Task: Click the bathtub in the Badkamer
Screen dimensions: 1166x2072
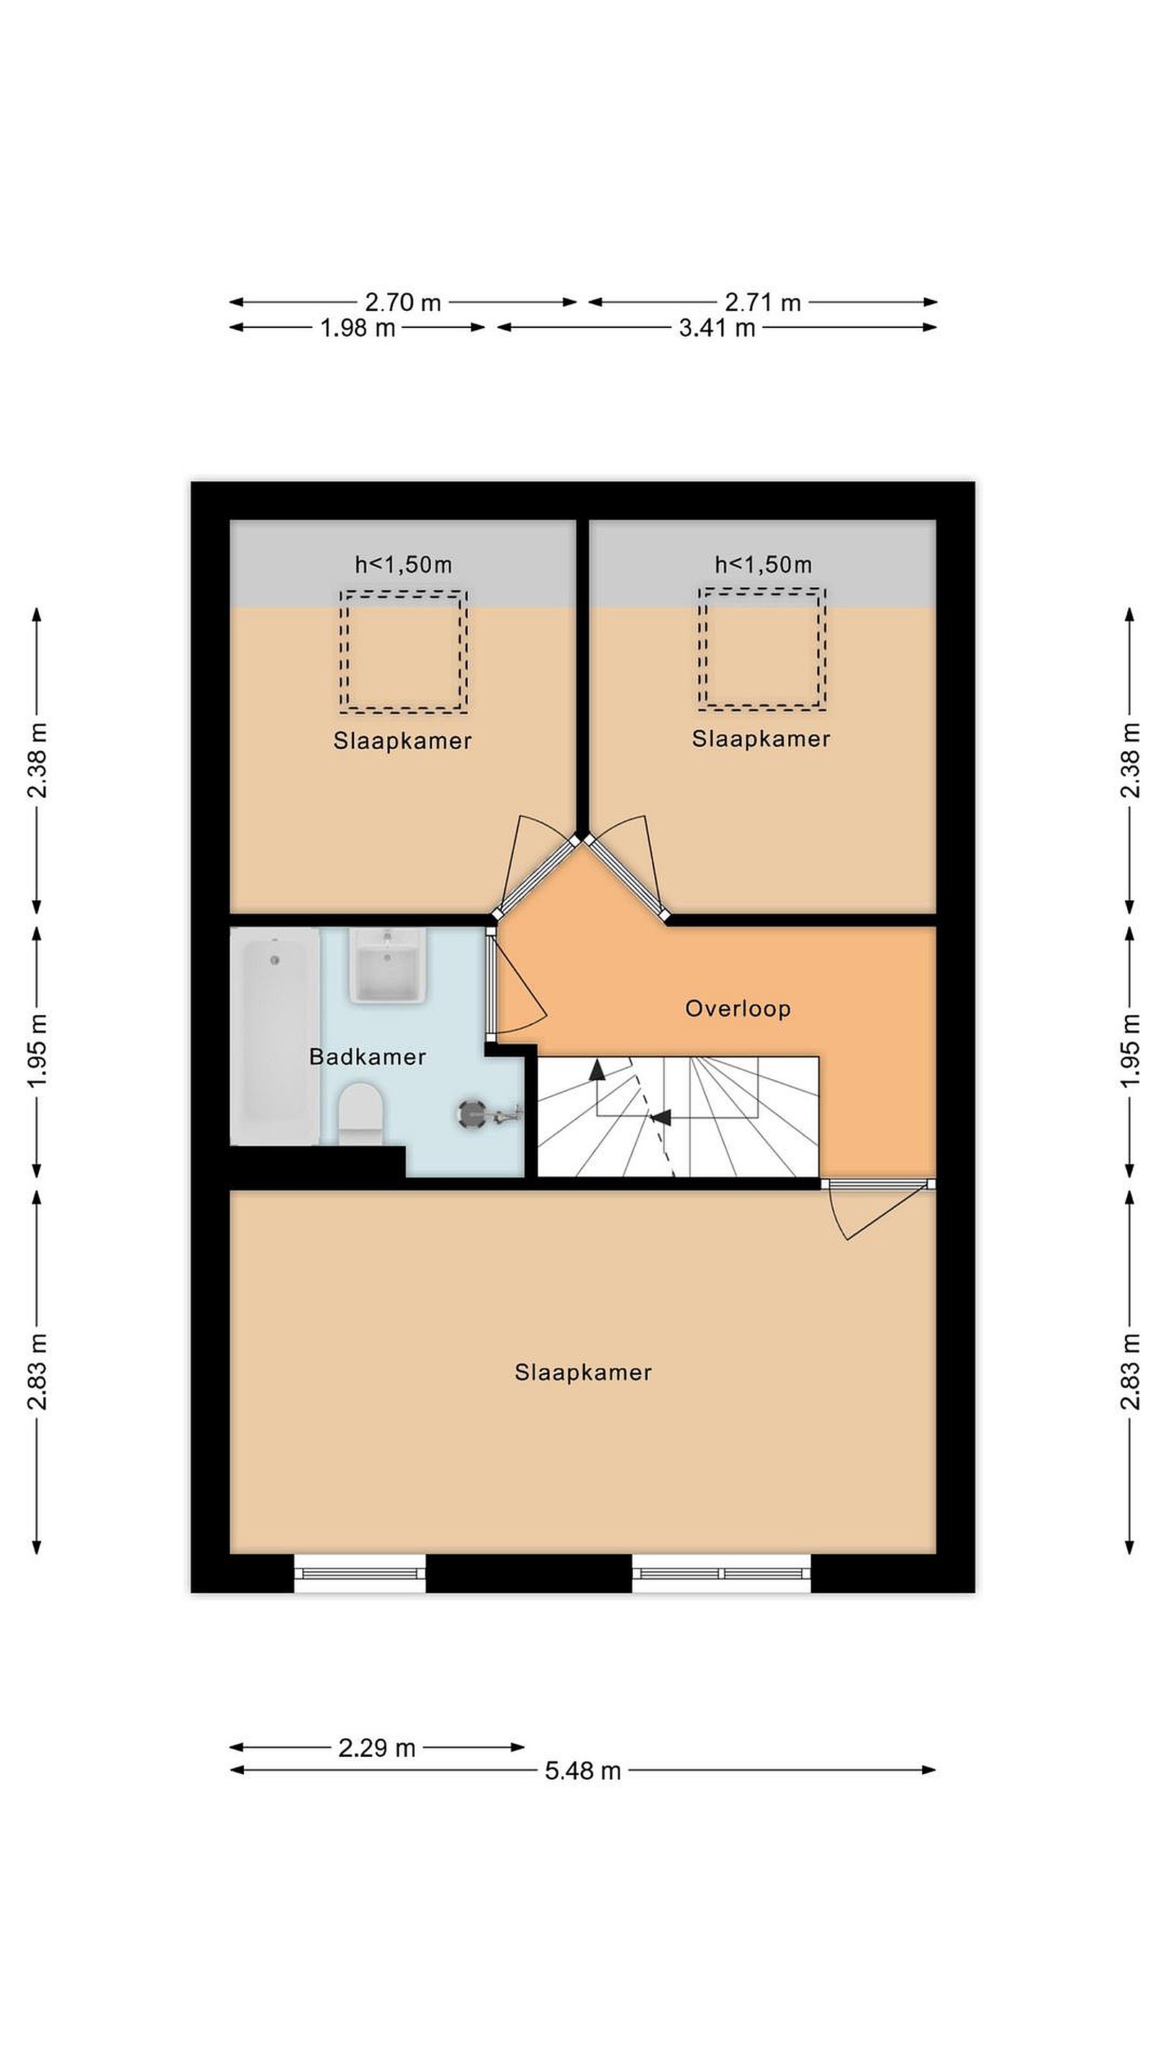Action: point(275,1036)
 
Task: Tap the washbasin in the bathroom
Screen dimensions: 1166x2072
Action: point(387,965)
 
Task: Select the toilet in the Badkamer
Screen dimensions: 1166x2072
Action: point(360,1113)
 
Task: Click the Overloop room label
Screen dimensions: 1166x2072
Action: point(738,1009)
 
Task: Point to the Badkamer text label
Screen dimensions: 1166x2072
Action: point(368,1056)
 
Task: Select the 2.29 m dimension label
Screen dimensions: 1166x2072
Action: point(376,1748)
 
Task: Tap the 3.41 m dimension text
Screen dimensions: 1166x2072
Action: point(717,327)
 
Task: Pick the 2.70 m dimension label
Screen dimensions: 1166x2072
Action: point(403,302)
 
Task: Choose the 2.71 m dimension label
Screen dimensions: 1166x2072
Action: point(763,302)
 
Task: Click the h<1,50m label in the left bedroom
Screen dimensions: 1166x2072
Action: point(404,565)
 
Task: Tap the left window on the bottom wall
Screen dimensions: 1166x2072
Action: point(360,1573)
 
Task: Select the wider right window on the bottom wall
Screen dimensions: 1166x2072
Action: point(722,1573)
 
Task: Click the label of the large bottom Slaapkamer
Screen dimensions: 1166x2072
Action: point(584,1372)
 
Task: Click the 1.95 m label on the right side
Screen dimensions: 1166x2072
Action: point(1130,1051)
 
